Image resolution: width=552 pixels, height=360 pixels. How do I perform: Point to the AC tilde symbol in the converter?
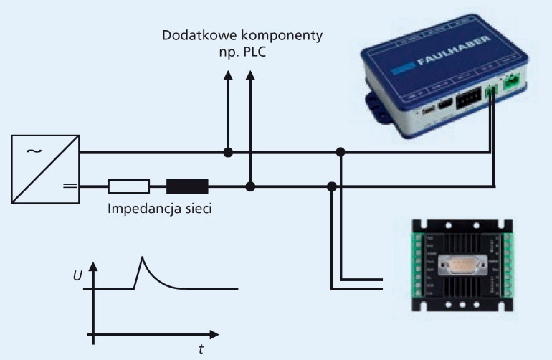point(33,151)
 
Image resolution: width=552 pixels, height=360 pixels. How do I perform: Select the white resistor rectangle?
point(129,187)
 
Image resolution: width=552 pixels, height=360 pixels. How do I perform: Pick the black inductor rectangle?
point(187,187)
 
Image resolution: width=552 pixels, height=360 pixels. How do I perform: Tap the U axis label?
point(77,275)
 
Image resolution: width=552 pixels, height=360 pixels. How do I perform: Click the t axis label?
point(201,350)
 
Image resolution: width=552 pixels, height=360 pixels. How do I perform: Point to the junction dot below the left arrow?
point(228,152)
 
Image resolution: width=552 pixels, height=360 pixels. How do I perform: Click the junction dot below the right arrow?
point(249,186)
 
